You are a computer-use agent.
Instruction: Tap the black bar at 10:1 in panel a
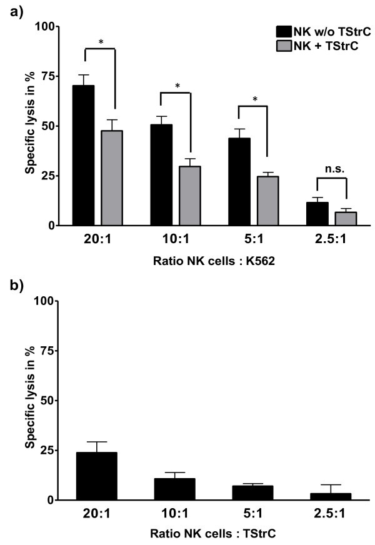click(x=161, y=174)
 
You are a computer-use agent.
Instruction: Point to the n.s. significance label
click(x=331, y=169)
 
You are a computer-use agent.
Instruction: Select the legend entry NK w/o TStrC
click(x=313, y=31)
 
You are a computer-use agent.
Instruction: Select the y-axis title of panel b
click(x=30, y=400)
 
